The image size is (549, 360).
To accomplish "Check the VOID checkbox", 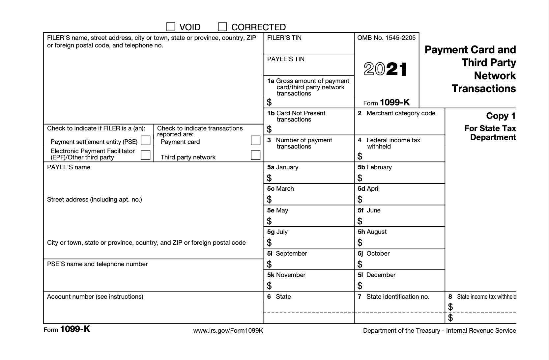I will tap(170, 27).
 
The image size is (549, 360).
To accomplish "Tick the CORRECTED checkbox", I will tap(222, 27).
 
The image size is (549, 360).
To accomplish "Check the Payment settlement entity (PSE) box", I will tap(145, 141).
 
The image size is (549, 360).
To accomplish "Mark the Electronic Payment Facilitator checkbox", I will tap(145, 155).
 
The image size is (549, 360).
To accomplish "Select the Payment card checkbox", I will tap(255, 140).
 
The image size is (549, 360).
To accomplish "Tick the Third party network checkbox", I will tap(255, 155).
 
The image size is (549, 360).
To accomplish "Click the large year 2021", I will tap(385, 69).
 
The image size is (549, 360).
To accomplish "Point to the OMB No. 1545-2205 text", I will tap(386, 38).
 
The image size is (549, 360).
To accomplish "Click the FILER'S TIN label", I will tap(284, 38).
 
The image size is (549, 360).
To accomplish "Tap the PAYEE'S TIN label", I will tap(286, 59).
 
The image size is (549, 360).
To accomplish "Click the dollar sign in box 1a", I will tap(269, 102).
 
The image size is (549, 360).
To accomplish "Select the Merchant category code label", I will tap(400, 113).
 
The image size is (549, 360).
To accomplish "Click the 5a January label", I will tap(283, 167).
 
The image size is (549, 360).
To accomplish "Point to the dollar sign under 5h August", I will tap(360, 243).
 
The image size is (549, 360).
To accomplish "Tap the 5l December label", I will tap(377, 275).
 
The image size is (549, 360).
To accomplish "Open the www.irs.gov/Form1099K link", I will tap(228, 331).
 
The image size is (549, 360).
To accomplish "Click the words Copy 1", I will tap(501, 116).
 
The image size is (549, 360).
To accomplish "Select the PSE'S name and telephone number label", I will tap(97, 264).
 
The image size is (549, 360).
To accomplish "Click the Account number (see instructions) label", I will tap(95, 297).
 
